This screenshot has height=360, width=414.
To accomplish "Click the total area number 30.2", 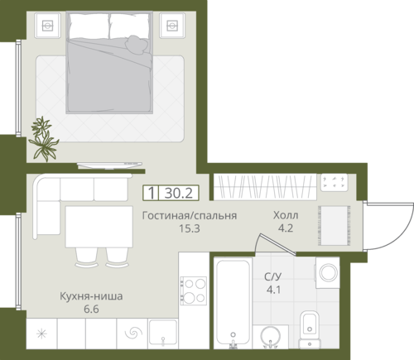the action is (x=179, y=193).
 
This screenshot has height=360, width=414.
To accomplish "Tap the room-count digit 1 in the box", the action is (x=151, y=193).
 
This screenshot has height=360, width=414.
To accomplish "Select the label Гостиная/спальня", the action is (x=190, y=215).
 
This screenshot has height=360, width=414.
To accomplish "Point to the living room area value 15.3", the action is (x=190, y=228).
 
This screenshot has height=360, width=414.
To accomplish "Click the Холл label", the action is (x=286, y=215).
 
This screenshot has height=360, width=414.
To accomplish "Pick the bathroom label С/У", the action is (x=272, y=276).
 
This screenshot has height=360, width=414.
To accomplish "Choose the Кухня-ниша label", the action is (x=91, y=296).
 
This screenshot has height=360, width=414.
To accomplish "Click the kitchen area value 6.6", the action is (x=91, y=310).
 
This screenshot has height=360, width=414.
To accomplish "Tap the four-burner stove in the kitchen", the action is (x=193, y=290).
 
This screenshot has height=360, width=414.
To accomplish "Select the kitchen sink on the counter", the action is (x=163, y=333).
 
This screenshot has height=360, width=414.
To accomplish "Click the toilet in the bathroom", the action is (x=310, y=329).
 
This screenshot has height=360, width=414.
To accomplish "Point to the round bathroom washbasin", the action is (x=270, y=337).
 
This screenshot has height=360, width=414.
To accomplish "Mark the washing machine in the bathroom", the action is (x=327, y=273).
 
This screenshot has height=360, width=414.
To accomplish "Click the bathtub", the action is (x=233, y=302).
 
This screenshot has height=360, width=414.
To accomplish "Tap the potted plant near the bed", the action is (x=43, y=139).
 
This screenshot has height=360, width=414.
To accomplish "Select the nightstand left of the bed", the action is (x=47, y=26).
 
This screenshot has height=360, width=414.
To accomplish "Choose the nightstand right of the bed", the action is (x=172, y=26).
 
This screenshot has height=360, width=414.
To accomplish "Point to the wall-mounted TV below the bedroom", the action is (x=109, y=166).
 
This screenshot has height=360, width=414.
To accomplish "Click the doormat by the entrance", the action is (x=335, y=226).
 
